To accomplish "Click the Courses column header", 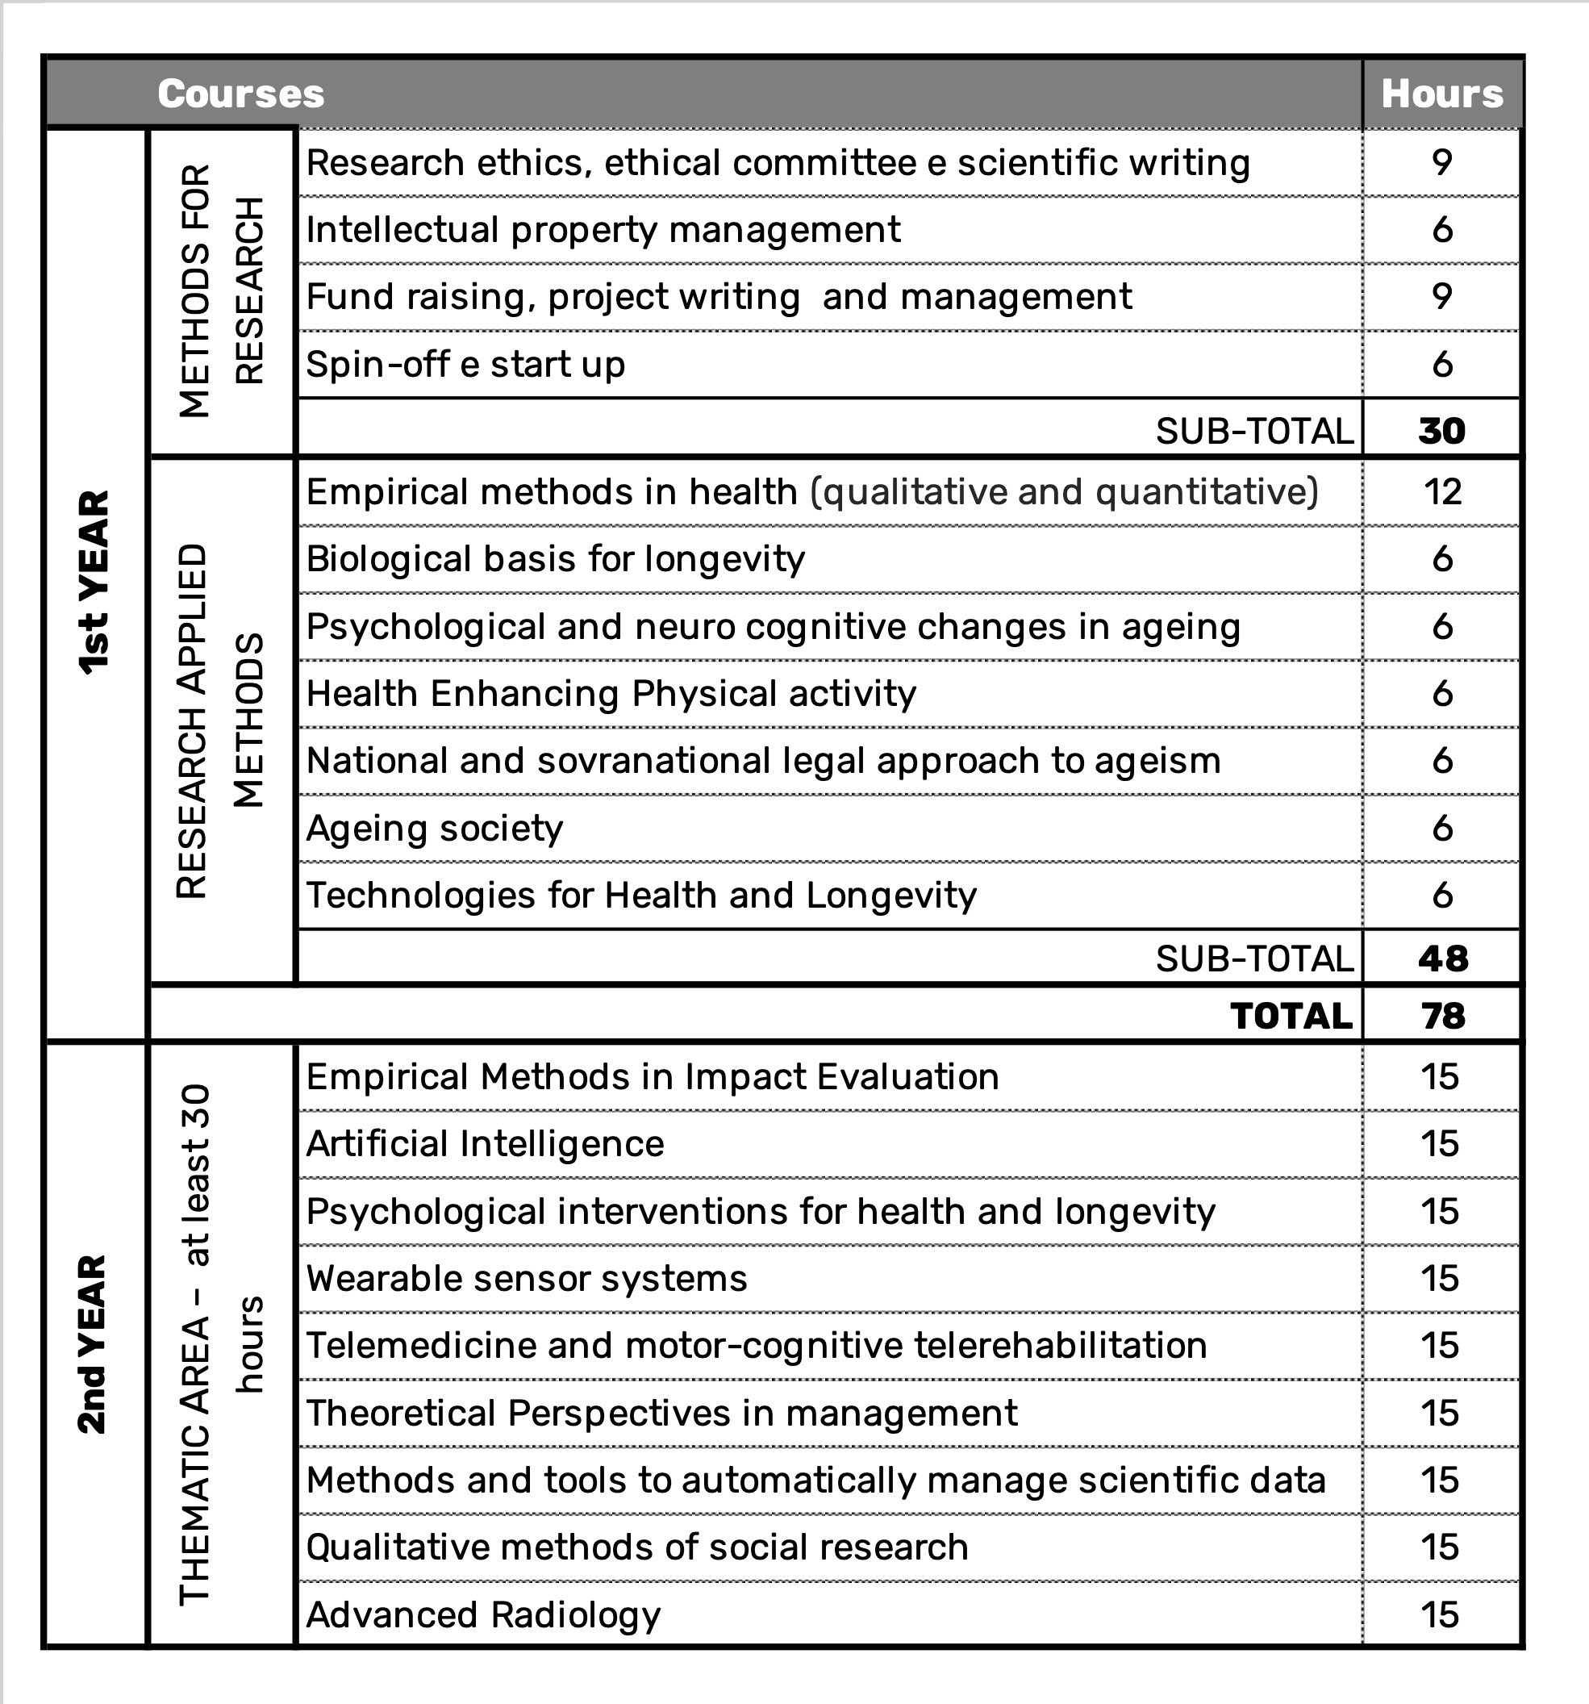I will pyautogui.click(x=241, y=94).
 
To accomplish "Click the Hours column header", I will pyautogui.click(x=1441, y=94).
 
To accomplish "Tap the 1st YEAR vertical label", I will pyautogui.click(x=94, y=583).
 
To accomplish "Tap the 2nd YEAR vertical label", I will pyautogui.click(x=93, y=1344).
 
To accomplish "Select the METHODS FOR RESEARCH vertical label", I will pyautogui.click(x=221, y=291).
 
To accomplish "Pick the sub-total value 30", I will pyautogui.click(x=1441, y=430).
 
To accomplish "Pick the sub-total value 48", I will pyautogui.click(x=1442, y=958).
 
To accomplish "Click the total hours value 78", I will pyautogui.click(x=1442, y=1016).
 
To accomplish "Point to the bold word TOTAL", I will pyautogui.click(x=1291, y=1016).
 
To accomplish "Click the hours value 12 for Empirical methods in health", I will pyautogui.click(x=1441, y=492).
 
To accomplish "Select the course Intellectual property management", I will pyautogui.click(x=603, y=230).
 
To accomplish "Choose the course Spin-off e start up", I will pyautogui.click(x=465, y=365).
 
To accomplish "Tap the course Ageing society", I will pyautogui.click(x=435, y=828).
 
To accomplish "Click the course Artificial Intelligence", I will pyautogui.click(x=485, y=1143).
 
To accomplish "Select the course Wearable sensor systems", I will pyautogui.click(x=526, y=1278).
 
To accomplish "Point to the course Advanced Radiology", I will pyautogui.click(x=483, y=1615).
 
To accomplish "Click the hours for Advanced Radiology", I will pyautogui.click(x=1440, y=1615).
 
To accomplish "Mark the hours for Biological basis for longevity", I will pyautogui.click(x=1441, y=559).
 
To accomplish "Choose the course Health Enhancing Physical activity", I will pyautogui.click(x=611, y=693).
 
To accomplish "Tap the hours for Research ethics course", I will pyautogui.click(x=1441, y=162).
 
